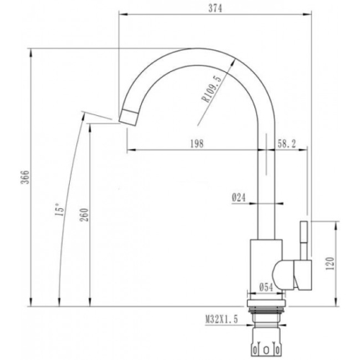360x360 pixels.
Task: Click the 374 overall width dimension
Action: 215,9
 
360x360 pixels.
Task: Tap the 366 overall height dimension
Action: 25,177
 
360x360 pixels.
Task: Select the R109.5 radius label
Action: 212,89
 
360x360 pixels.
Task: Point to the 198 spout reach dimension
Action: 197,143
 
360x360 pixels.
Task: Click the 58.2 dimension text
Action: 287,143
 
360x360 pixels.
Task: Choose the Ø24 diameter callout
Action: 239,198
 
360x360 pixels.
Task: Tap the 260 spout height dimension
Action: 84,215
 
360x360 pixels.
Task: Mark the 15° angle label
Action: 60,210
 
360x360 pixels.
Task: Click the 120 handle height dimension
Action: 330,264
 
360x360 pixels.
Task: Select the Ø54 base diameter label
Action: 266,287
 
